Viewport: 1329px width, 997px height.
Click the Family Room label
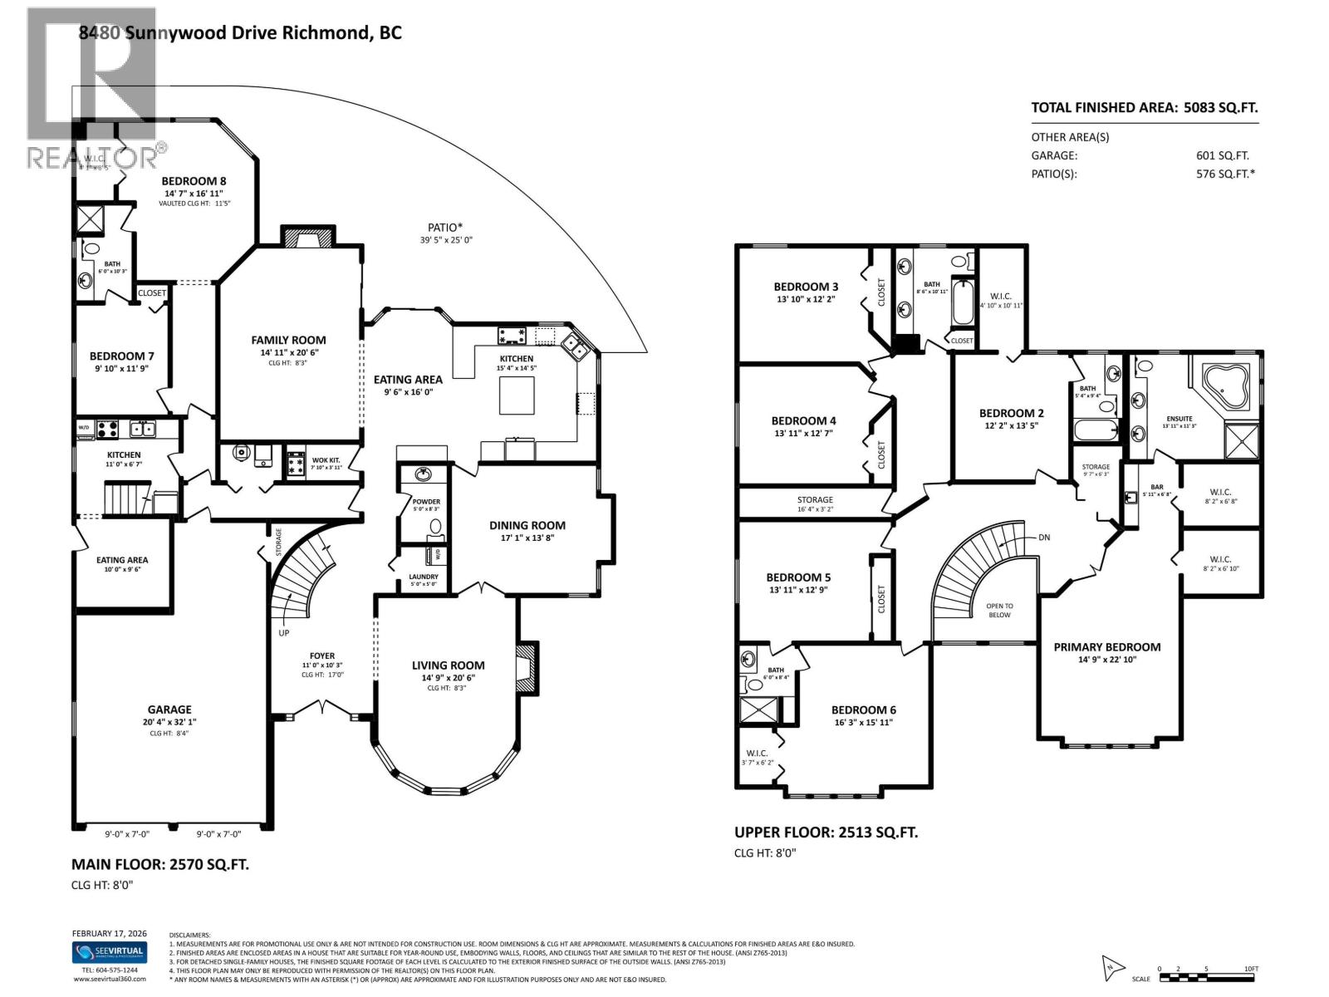point(288,340)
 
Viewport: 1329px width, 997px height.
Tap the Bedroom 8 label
point(194,181)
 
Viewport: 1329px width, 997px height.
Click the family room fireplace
point(308,238)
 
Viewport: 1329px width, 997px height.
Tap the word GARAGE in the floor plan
point(169,710)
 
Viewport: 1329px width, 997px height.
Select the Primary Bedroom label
point(1106,647)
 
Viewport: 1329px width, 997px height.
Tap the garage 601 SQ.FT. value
point(1222,155)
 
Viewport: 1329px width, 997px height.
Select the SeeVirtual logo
point(109,952)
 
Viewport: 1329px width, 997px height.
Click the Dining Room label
point(527,525)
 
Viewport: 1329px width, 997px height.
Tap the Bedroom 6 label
point(863,710)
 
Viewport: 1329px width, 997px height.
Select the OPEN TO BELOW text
point(999,611)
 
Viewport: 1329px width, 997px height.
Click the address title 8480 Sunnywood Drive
point(240,33)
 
